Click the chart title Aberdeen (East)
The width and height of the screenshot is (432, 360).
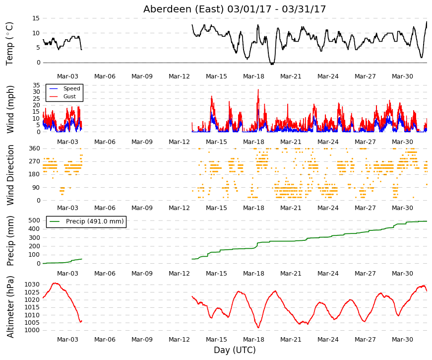(184, 9)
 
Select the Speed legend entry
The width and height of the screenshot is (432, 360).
(71, 88)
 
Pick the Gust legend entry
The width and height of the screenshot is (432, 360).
(69, 96)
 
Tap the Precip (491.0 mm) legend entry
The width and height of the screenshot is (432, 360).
(95, 221)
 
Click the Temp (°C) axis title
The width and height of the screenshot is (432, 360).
(9, 44)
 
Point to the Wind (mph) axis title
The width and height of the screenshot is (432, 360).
(10, 109)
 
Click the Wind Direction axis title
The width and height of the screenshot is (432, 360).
(10, 175)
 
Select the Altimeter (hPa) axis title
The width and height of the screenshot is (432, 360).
(10, 307)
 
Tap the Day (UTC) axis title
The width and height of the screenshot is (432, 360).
(235, 350)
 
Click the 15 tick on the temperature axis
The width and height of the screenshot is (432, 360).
(36, 18)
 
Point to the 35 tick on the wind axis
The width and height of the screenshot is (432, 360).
(36, 85)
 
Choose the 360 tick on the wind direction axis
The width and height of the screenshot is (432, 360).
(35, 148)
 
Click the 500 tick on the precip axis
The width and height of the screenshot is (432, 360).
(34, 220)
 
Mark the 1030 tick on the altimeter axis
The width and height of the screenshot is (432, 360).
(32, 285)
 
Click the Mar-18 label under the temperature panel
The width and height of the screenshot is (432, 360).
(253, 76)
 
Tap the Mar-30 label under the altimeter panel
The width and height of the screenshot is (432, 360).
(402, 340)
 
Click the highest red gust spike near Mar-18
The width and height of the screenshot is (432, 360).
(258, 90)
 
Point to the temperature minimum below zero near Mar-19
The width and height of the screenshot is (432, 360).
(272, 64)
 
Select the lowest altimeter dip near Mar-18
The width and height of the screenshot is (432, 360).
(258, 327)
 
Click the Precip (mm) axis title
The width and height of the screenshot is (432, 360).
(10, 241)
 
